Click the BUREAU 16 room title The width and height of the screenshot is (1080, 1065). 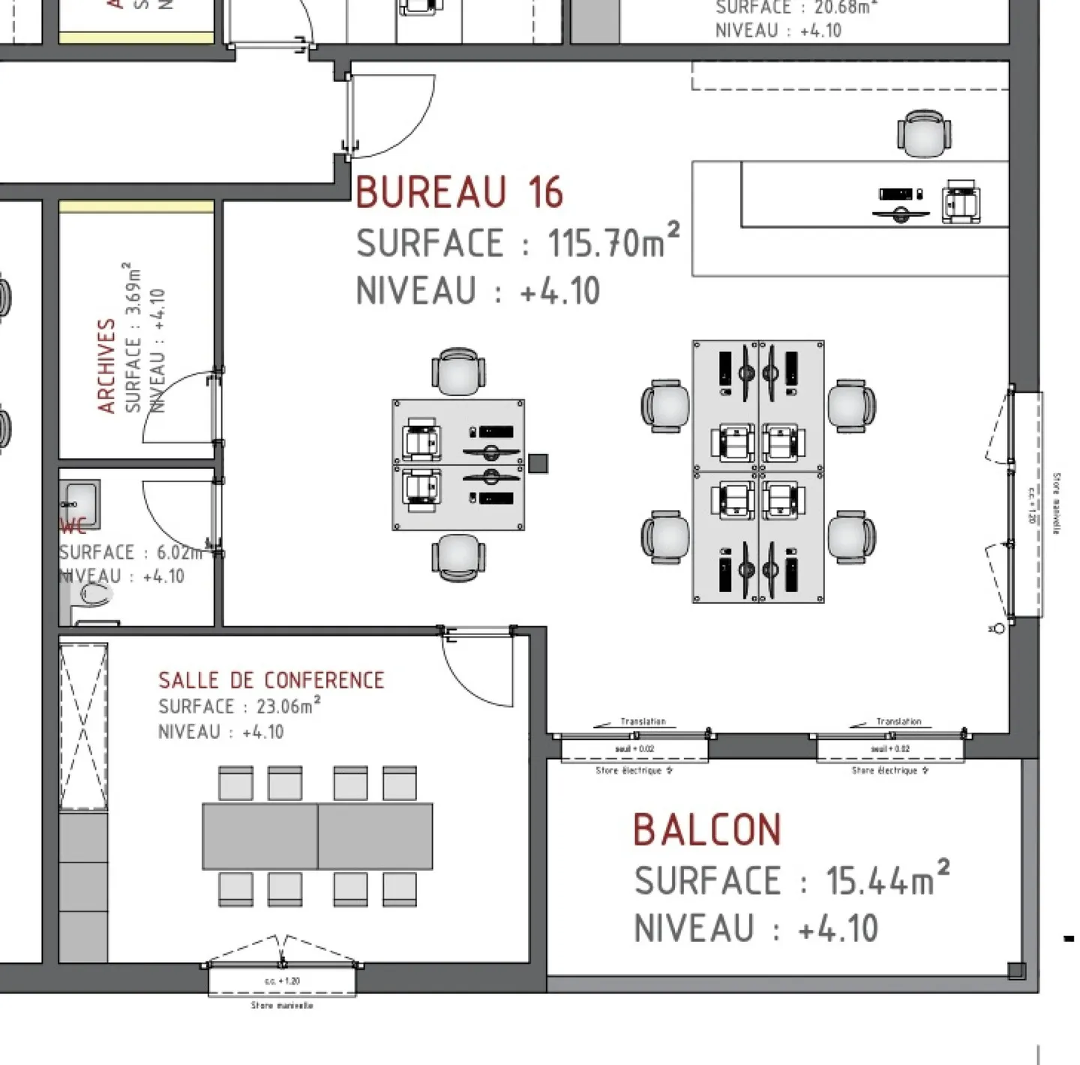(458, 192)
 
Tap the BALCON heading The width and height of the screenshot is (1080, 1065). (706, 829)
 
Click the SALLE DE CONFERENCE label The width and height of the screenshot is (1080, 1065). (271, 680)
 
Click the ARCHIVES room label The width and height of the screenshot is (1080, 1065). (106, 365)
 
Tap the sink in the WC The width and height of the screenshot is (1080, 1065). (80, 496)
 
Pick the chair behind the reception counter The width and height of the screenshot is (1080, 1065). (924, 133)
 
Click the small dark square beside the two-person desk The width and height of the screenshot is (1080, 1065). (538, 463)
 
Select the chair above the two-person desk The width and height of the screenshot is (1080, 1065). (458, 371)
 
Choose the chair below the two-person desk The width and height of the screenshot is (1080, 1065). (458, 557)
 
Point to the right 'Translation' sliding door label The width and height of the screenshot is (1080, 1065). (898, 721)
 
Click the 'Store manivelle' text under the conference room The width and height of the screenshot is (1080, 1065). (282, 1005)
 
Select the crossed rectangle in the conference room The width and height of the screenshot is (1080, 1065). (83, 726)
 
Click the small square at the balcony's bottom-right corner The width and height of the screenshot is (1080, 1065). (1016, 970)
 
